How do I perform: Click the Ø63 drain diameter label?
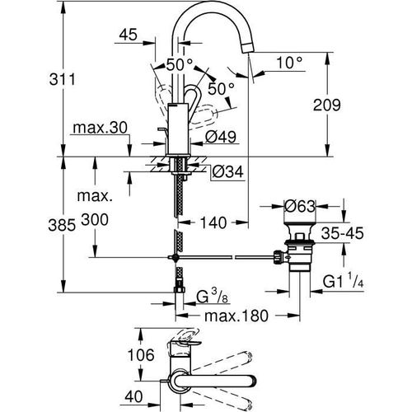[x=302, y=205]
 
